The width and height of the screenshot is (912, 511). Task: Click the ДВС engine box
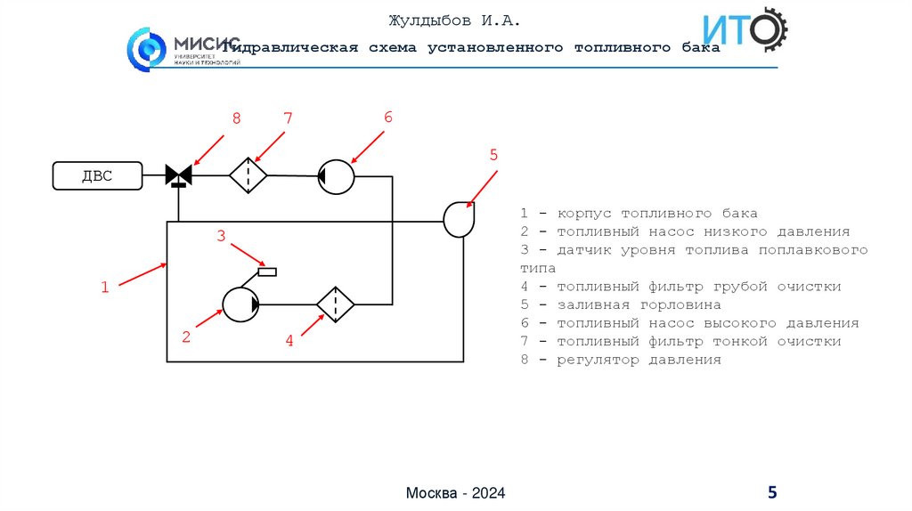click(97, 176)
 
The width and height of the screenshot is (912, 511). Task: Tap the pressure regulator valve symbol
click(179, 175)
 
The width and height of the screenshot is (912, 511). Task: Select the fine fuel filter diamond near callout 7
click(248, 175)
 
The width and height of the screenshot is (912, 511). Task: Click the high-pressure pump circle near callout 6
click(337, 176)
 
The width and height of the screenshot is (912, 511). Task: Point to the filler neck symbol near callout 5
click(459, 219)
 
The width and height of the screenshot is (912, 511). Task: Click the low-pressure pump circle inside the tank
click(240, 304)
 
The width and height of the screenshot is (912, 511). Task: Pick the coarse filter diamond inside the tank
click(336, 304)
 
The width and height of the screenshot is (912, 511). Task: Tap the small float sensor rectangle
click(266, 272)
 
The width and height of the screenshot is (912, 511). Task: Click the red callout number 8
click(236, 118)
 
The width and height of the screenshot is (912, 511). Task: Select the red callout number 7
click(288, 118)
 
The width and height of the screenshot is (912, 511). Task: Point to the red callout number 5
click(493, 155)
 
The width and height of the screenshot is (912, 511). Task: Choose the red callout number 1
click(104, 287)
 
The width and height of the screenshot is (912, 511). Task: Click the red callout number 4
click(289, 339)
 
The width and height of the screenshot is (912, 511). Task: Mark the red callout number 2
click(186, 337)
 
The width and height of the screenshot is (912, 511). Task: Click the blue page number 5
click(772, 492)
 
